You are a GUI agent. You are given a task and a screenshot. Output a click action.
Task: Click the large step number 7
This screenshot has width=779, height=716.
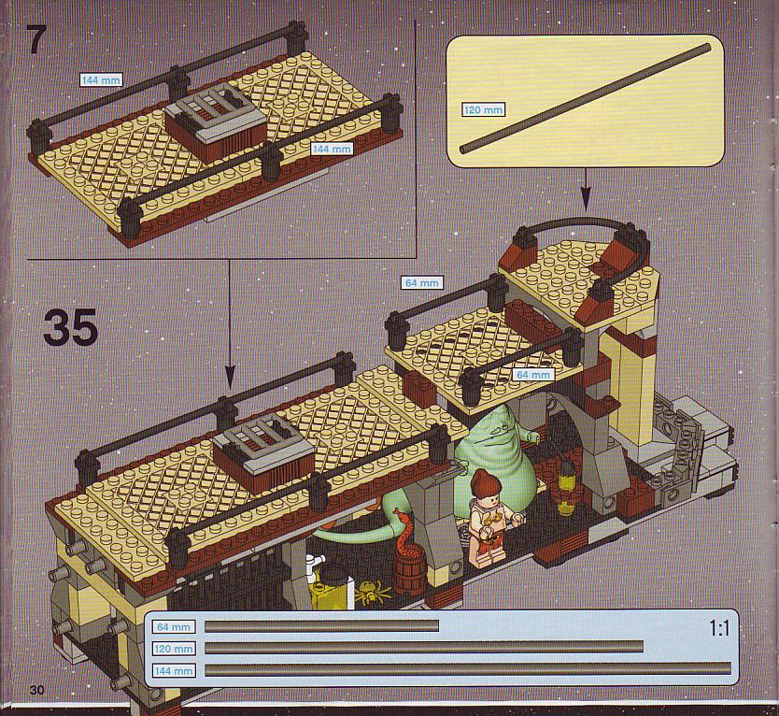pyautogui.click(x=36, y=40)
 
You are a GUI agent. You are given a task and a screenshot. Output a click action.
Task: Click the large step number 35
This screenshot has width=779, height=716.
pyautogui.click(x=71, y=327)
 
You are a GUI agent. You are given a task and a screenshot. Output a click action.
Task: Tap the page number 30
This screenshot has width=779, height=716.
pyautogui.click(x=36, y=690)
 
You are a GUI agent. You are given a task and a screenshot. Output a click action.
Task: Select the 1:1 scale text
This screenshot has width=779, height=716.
pyautogui.click(x=719, y=628)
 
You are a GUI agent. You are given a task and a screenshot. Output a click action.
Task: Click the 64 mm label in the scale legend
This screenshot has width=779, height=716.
pyautogui.click(x=174, y=627)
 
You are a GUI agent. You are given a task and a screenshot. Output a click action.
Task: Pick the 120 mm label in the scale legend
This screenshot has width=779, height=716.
pyautogui.click(x=174, y=649)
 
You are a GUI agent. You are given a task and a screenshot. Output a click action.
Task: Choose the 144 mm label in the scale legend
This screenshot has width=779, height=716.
pyautogui.click(x=174, y=671)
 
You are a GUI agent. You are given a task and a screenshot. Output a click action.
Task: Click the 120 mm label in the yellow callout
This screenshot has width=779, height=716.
pyautogui.click(x=483, y=109)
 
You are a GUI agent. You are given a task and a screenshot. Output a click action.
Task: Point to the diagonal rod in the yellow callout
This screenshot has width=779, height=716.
pyautogui.click(x=586, y=98)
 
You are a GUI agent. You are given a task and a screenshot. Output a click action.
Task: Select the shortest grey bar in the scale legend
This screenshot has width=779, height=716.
pyautogui.click(x=321, y=626)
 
